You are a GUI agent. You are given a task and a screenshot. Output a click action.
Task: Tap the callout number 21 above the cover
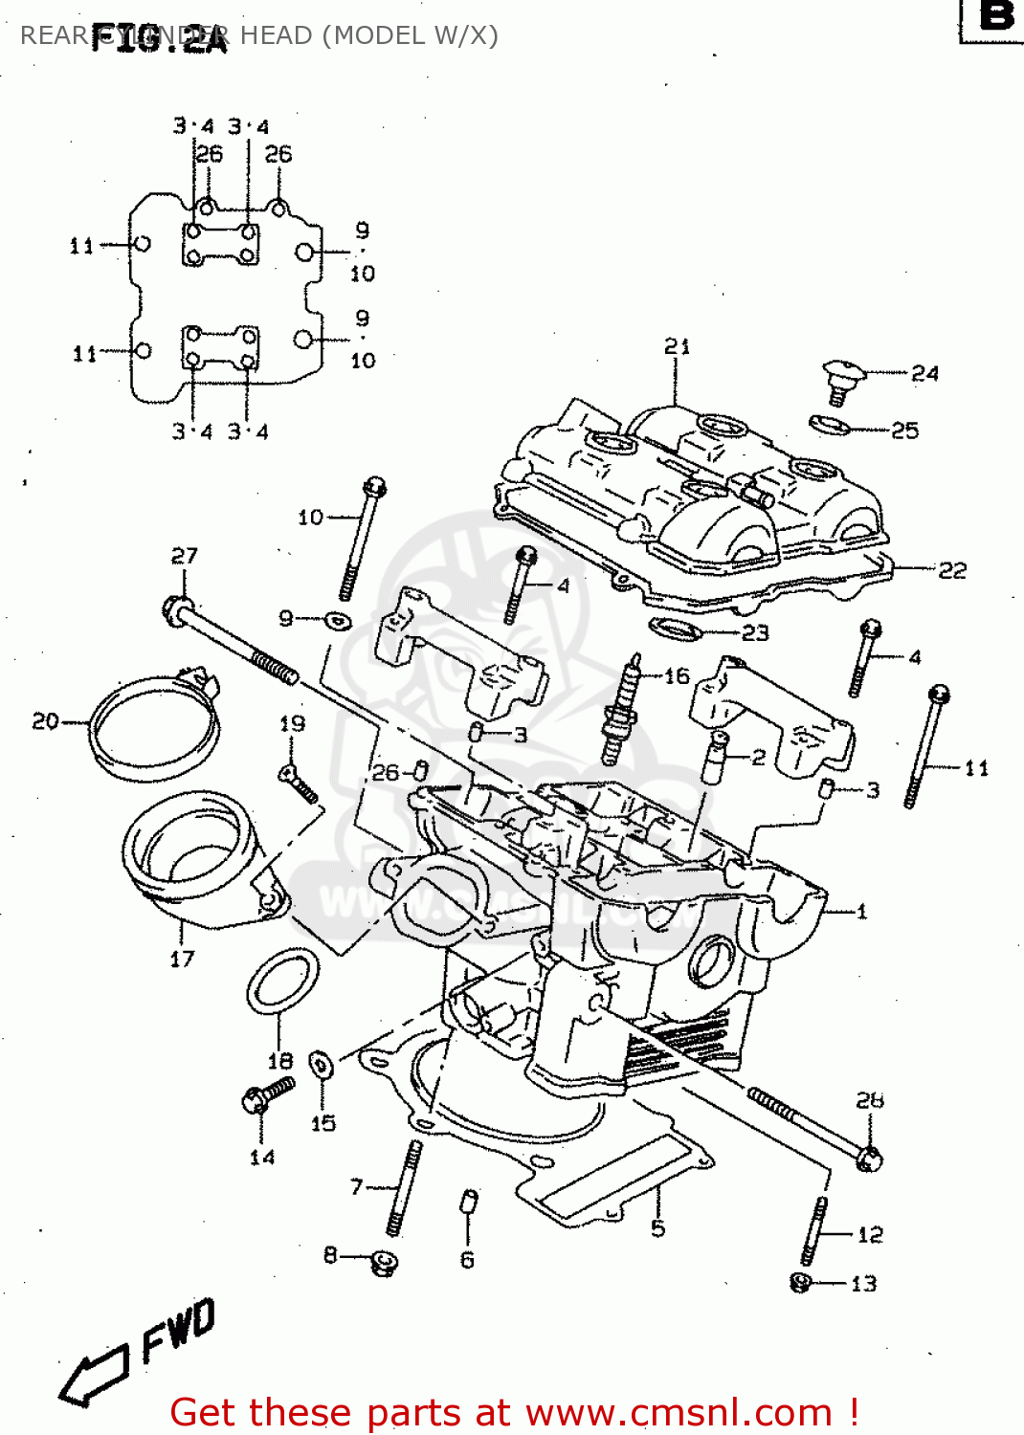(x=677, y=346)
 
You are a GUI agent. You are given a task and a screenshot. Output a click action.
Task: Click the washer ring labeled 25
(x=830, y=424)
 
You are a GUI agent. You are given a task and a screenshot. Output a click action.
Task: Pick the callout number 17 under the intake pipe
(x=182, y=959)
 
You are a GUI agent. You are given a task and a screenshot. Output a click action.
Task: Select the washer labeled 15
(x=322, y=1064)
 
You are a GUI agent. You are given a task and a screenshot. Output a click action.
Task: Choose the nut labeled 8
(x=385, y=1262)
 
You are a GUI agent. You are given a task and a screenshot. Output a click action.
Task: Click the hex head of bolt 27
(x=177, y=608)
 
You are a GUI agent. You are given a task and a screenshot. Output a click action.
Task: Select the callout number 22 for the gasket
(x=951, y=570)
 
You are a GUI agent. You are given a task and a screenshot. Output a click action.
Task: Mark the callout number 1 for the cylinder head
(x=861, y=912)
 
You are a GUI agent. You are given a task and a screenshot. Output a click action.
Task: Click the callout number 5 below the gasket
(x=657, y=1227)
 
